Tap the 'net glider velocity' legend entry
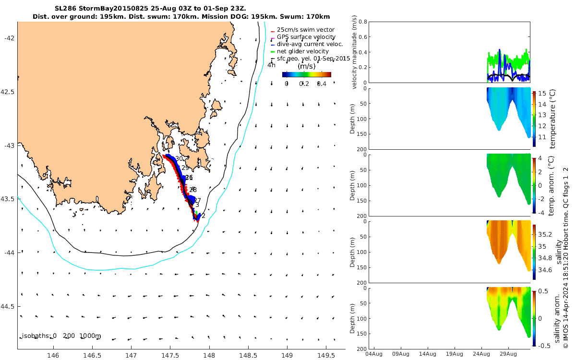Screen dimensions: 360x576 click(x=302, y=51)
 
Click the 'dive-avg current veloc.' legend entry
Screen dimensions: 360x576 click(x=310, y=44)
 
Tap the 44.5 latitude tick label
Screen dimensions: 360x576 click(x=8, y=306)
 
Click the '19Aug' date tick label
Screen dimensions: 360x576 click(x=455, y=354)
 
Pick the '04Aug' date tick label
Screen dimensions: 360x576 click(x=374, y=354)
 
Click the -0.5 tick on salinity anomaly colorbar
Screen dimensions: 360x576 click(x=544, y=346)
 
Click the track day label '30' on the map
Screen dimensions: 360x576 click(x=179, y=159)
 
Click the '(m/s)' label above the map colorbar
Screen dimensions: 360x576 click(x=306, y=66)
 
